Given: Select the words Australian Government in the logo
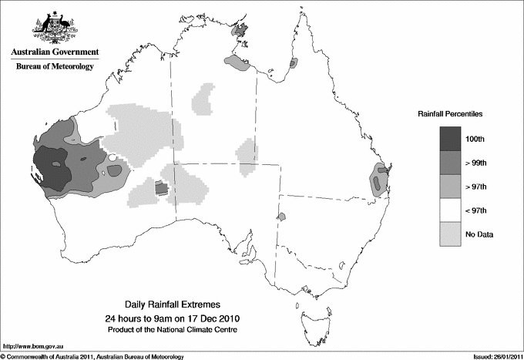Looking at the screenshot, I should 55,52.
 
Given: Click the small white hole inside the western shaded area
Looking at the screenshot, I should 113,158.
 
